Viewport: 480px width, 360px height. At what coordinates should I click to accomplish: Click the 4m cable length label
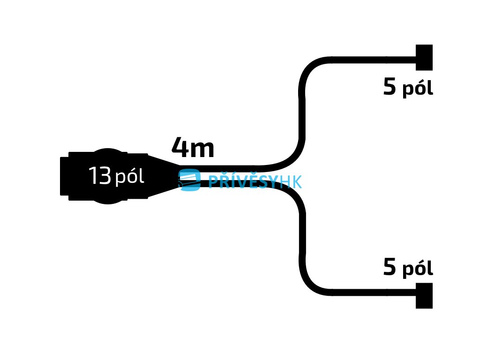click(193, 148)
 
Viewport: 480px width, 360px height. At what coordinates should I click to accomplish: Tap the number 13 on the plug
click(99, 177)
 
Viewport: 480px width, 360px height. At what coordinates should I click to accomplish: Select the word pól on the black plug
click(129, 178)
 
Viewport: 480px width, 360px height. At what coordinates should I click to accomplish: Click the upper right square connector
click(424, 57)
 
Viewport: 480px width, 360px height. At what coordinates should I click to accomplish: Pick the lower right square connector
click(424, 295)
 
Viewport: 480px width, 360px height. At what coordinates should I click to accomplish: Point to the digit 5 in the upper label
click(390, 87)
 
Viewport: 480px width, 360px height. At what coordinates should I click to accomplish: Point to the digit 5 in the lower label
click(390, 268)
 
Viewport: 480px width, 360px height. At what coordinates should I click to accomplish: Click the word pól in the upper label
click(417, 89)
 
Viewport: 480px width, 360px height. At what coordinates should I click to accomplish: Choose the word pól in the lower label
click(417, 269)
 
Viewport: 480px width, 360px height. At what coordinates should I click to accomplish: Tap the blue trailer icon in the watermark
click(189, 180)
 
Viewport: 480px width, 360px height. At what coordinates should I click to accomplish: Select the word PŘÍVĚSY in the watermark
click(243, 181)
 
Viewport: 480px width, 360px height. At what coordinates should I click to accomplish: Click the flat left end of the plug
click(63, 176)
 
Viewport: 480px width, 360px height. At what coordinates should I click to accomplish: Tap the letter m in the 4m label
click(203, 149)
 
